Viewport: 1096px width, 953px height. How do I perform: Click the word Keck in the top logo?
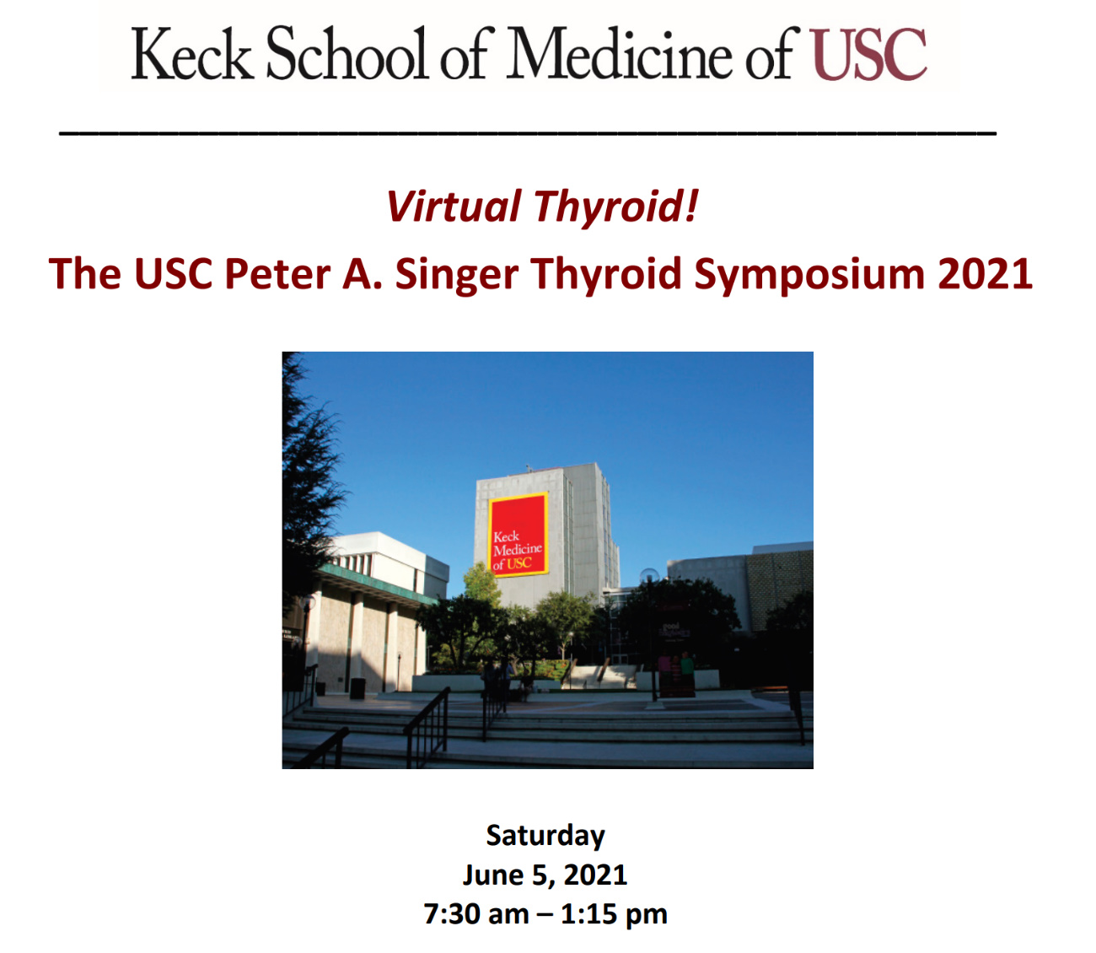click(x=191, y=54)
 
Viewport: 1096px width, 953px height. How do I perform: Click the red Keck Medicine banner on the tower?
click(x=518, y=535)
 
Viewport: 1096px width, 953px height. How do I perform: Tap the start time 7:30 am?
click(x=476, y=914)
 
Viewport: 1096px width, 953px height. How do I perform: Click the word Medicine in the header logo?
click(x=619, y=53)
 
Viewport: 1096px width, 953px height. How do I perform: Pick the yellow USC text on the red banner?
click(x=519, y=563)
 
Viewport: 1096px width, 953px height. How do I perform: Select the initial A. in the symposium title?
click(x=363, y=274)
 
